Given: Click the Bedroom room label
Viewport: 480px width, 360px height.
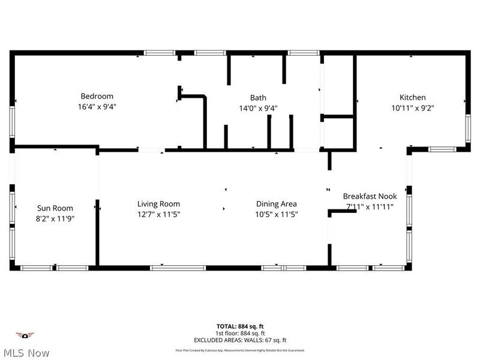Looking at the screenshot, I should (x=97, y=96).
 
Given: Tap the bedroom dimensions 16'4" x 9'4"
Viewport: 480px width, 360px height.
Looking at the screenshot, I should (x=97, y=107).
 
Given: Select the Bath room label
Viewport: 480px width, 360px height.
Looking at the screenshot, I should (x=258, y=98).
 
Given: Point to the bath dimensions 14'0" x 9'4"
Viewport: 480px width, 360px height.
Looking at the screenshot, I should (x=258, y=109).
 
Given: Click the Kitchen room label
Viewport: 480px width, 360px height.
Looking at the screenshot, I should (x=413, y=97).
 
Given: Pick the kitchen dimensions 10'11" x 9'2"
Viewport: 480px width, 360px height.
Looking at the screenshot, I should (x=413, y=109).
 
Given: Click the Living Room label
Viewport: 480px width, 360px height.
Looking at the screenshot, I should (x=158, y=204).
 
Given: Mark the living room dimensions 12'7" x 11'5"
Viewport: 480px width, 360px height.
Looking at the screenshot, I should (x=158, y=214).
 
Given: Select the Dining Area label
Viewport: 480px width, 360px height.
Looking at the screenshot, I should (x=277, y=204).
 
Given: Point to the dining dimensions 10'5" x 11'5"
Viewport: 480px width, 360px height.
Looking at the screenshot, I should (x=277, y=214).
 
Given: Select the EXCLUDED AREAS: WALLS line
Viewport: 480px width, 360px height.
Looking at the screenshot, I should (x=239, y=340).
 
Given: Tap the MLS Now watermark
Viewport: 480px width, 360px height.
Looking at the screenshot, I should (x=26, y=353).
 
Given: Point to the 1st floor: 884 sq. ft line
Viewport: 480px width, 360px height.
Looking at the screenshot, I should (x=239, y=334).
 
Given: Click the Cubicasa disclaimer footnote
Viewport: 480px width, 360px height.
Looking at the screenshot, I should (x=239, y=350).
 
